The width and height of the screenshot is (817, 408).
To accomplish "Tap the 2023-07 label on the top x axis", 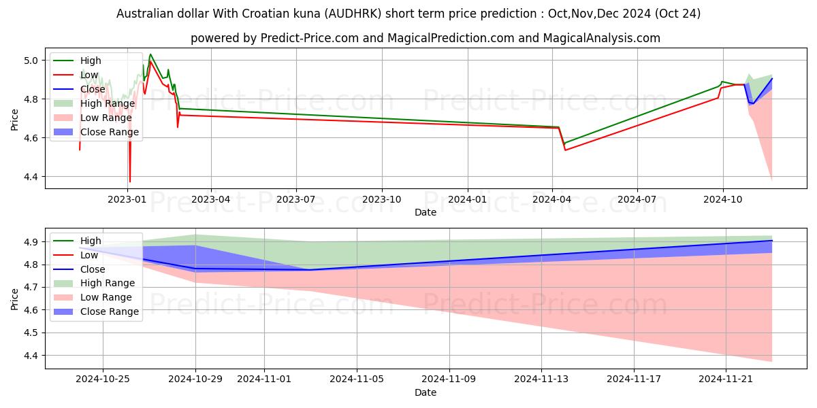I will point(296,200).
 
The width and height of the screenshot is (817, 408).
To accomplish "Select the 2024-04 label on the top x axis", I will point(552,200).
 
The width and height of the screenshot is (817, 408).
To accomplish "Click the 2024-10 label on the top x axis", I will point(722,200).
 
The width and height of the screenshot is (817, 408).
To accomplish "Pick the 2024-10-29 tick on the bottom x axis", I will point(195,379).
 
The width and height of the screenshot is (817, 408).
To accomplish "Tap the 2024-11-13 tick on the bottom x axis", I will point(543,379).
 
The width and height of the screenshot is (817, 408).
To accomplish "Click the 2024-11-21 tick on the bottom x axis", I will point(726,379).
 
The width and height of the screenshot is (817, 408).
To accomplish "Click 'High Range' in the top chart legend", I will point(107,103).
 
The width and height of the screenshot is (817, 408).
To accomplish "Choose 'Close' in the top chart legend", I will point(93,89).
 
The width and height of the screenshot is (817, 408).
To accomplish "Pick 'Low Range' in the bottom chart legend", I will point(106,297).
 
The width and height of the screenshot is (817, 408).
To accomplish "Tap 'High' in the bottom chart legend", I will point(91,241).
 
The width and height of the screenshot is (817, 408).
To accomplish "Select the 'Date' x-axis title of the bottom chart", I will point(426,392).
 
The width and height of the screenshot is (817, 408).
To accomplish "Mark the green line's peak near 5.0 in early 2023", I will point(150,54).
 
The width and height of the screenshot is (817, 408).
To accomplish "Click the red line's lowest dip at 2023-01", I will point(129,182).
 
